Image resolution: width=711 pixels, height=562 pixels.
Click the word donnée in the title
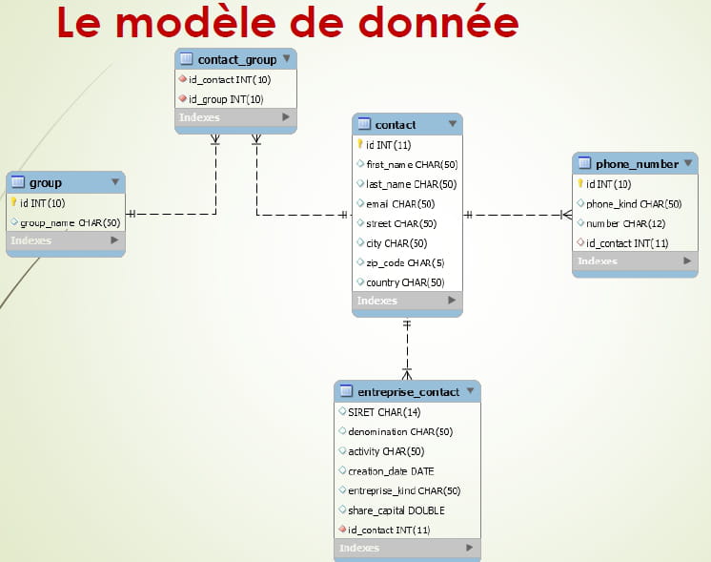click(x=438, y=23)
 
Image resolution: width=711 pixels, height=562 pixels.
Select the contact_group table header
click(x=235, y=59)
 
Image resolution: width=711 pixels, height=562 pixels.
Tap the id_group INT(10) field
click(x=226, y=99)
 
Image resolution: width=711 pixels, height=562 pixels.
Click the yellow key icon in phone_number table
click(x=580, y=183)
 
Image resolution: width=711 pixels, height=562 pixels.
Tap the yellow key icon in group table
click(x=13, y=202)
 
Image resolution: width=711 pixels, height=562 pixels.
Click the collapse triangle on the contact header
click(x=452, y=123)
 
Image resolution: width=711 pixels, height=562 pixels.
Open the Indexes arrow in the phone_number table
click(x=687, y=260)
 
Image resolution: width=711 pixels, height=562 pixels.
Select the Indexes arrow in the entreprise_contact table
click(x=469, y=548)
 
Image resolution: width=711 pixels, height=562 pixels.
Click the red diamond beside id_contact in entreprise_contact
click(x=343, y=529)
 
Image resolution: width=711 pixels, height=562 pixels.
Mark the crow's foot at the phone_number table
click(x=566, y=215)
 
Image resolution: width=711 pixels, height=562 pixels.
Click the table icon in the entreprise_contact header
click(x=346, y=390)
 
